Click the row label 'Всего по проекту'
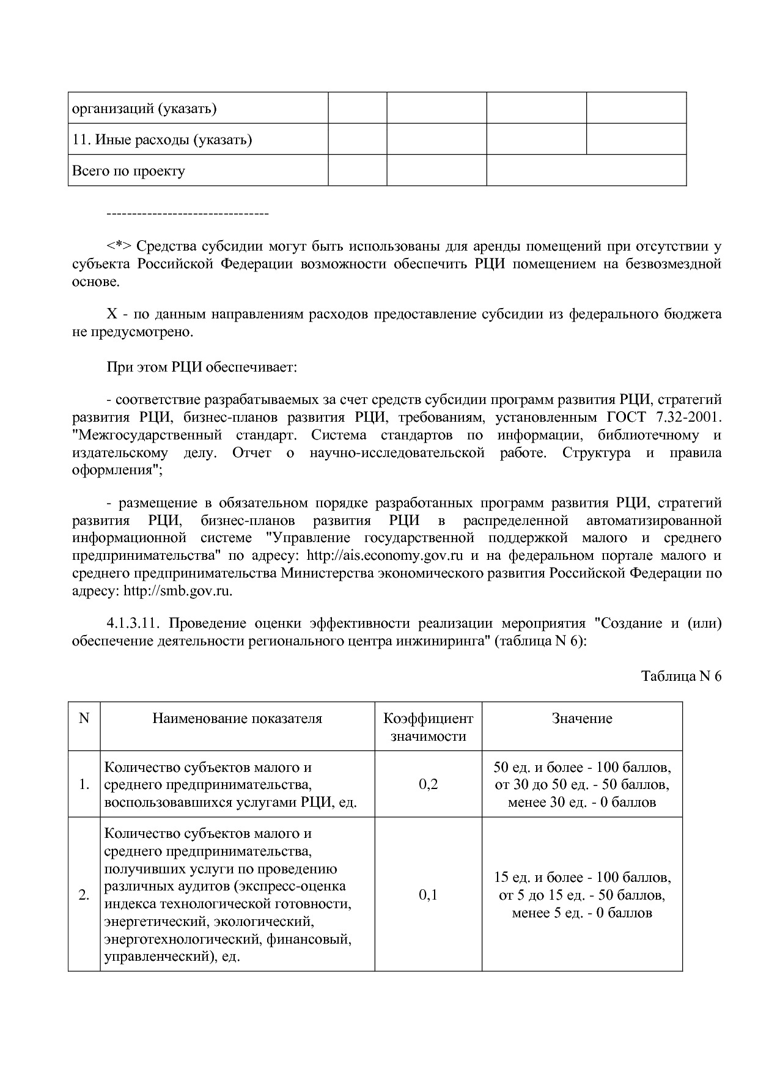[x=128, y=171]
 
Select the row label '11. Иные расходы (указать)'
[x=162, y=140]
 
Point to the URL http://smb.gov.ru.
[x=177, y=591]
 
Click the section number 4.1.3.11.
[x=133, y=623]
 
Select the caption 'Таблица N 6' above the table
[x=681, y=676]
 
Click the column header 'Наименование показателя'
[x=237, y=718]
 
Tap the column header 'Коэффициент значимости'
[x=428, y=727]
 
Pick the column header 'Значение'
[x=582, y=718]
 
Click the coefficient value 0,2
[x=428, y=784]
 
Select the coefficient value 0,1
[x=428, y=895]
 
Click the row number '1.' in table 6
[x=84, y=784]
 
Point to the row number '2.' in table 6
[x=84, y=895]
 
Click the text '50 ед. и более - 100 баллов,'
[x=582, y=767]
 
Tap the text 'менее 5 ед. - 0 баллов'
[x=582, y=913]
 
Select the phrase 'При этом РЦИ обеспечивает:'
[x=202, y=367]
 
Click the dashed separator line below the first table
[x=188, y=213]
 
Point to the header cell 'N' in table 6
[x=84, y=718]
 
